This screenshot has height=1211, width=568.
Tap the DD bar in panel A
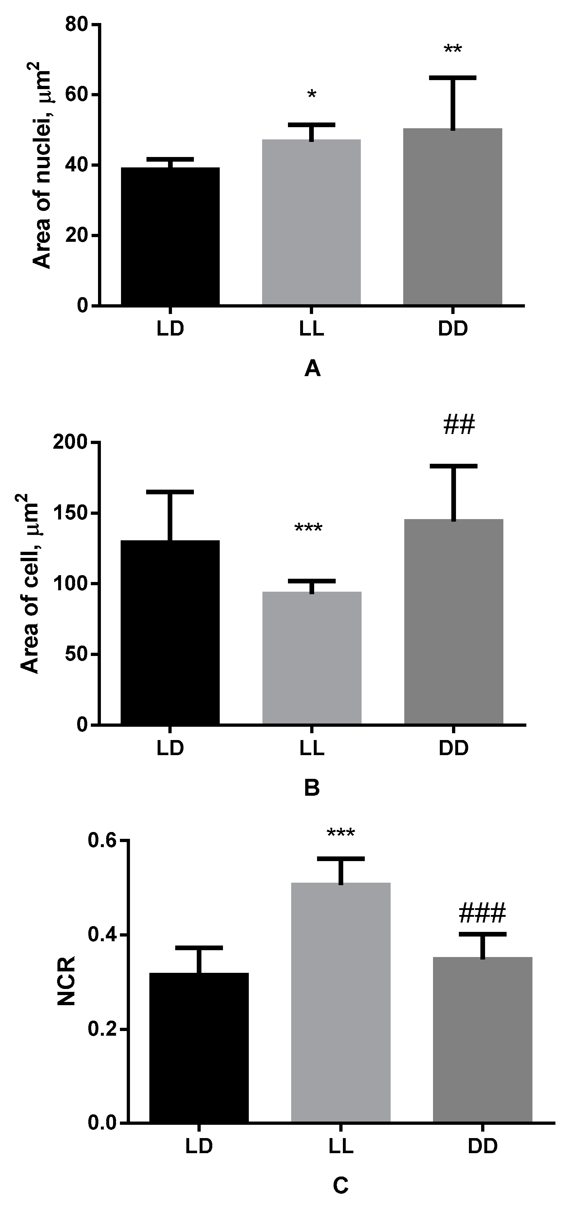(452, 216)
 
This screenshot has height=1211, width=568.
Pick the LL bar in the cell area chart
(312, 658)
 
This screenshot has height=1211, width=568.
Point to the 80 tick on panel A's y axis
(77, 24)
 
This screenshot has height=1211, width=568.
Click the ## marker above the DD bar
(458, 425)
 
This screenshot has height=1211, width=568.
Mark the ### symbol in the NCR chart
(481, 913)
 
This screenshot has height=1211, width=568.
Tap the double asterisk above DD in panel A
(453, 49)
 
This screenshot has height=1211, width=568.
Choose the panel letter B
(312, 787)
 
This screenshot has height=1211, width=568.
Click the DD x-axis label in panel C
(482, 1146)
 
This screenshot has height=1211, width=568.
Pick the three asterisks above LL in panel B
(308, 528)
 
